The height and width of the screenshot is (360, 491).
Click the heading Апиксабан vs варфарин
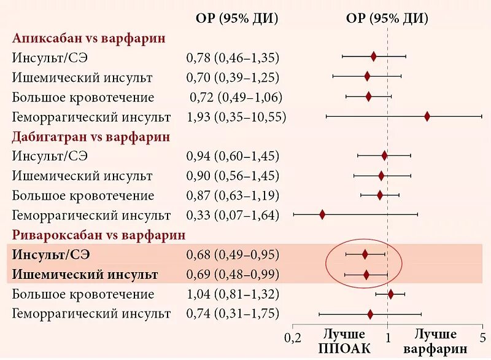[x=89, y=38]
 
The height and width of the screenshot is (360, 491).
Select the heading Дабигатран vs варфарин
[x=91, y=137]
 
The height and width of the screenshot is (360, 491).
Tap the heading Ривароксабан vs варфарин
[x=99, y=235]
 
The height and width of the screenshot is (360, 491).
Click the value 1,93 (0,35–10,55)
[x=236, y=117]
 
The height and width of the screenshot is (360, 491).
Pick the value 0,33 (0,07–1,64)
[x=233, y=215]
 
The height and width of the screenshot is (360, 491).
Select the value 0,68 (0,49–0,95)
[x=233, y=254]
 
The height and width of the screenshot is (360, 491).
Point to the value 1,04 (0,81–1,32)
[x=233, y=294]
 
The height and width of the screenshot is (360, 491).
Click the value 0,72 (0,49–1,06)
[x=236, y=97]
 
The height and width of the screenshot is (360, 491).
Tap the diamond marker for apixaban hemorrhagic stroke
[x=427, y=116]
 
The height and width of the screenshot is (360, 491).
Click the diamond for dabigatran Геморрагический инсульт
[x=322, y=214]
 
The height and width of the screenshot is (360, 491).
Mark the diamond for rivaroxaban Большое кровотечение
[x=390, y=294]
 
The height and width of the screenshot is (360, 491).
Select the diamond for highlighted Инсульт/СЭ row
[x=365, y=254]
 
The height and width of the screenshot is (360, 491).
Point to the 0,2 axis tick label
[x=293, y=337]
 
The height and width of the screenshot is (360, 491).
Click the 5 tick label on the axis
[x=482, y=337]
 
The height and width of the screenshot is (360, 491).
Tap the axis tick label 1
[x=388, y=337]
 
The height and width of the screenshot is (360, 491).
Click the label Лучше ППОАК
[x=344, y=342]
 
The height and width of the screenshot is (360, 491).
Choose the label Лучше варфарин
[x=435, y=342]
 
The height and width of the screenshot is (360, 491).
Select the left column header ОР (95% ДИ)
[x=237, y=18]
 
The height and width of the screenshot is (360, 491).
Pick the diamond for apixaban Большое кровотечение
[x=368, y=96]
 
